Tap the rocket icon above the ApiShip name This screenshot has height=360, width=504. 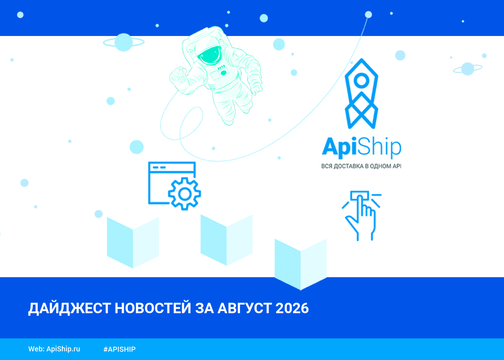tap(361, 94)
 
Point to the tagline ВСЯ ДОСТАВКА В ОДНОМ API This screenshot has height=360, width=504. tap(361, 166)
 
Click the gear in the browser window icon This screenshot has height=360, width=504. tap(184, 194)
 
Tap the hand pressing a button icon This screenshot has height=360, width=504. tap(361, 216)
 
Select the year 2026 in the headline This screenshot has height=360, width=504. tap(292, 308)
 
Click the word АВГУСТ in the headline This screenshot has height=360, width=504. tap(244, 308)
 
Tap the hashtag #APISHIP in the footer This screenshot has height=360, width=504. tap(120, 349)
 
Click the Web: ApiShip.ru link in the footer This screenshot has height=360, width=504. tap(54, 349)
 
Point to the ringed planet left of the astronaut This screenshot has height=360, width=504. tap(123, 42)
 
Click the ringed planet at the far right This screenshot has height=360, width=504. tap(468, 69)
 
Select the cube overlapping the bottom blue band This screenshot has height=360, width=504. tap(301, 265)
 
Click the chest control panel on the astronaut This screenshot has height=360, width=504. tap(219, 73)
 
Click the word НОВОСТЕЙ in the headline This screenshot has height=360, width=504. tap(153, 308)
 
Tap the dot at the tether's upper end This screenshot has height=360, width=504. tap(368, 15)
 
